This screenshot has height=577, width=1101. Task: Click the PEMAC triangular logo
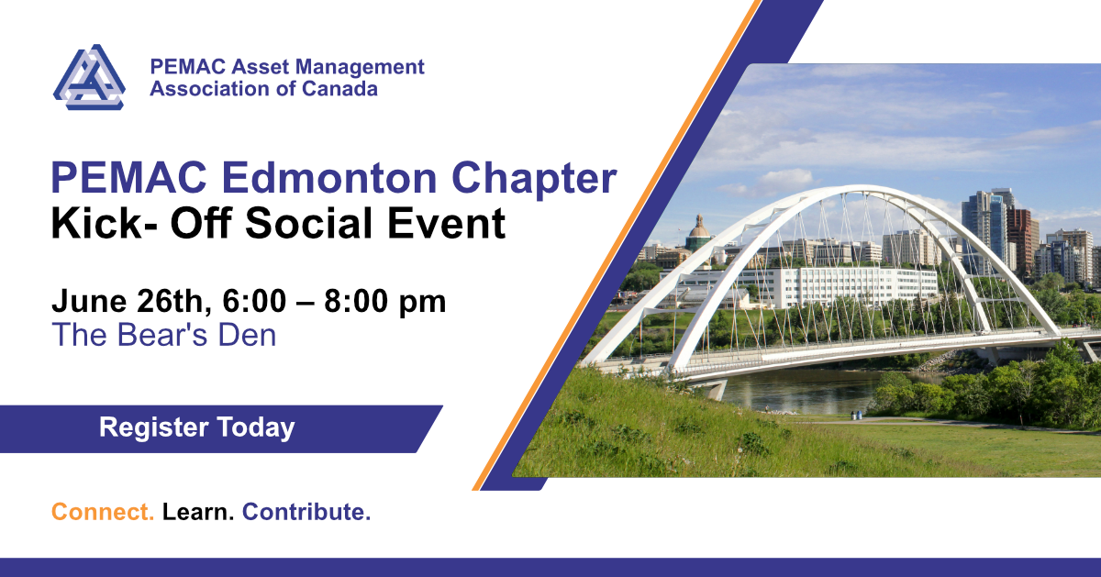click(89, 77)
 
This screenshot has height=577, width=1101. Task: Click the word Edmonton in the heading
click(329, 177)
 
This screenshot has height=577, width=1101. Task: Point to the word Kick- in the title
click(105, 223)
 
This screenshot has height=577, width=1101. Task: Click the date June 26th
click(132, 301)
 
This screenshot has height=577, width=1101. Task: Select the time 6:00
click(254, 301)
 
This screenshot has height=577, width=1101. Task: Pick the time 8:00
click(356, 301)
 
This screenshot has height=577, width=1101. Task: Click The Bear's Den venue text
click(164, 335)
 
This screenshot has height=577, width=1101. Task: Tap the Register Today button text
click(197, 427)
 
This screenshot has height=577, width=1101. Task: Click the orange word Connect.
click(103, 512)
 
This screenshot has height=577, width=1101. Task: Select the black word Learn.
click(198, 512)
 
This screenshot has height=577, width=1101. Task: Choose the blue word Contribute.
click(306, 512)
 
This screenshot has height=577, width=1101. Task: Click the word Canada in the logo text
click(339, 89)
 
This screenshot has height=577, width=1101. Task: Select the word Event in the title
click(446, 223)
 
